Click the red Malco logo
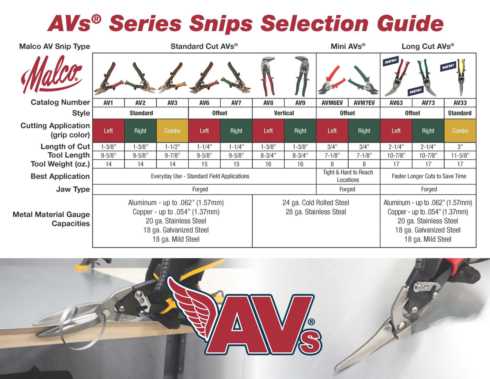(x=51, y=74)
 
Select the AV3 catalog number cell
(x=172, y=103)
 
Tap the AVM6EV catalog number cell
(x=332, y=103)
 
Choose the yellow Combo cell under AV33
(x=460, y=131)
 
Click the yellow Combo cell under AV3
(x=172, y=131)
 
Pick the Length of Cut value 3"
(x=460, y=147)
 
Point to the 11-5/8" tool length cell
(x=460, y=155)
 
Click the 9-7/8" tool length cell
(x=172, y=155)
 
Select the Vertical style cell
(x=284, y=113)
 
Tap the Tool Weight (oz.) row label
(x=60, y=164)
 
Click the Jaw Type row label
(x=73, y=189)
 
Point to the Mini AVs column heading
(x=348, y=46)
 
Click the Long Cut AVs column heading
(x=428, y=46)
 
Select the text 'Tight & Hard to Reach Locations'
(x=348, y=176)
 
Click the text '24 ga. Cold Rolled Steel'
(x=316, y=203)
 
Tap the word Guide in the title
(x=410, y=23)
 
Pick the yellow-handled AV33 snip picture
(x=461, y=77)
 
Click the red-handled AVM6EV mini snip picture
(x=332, y=81)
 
